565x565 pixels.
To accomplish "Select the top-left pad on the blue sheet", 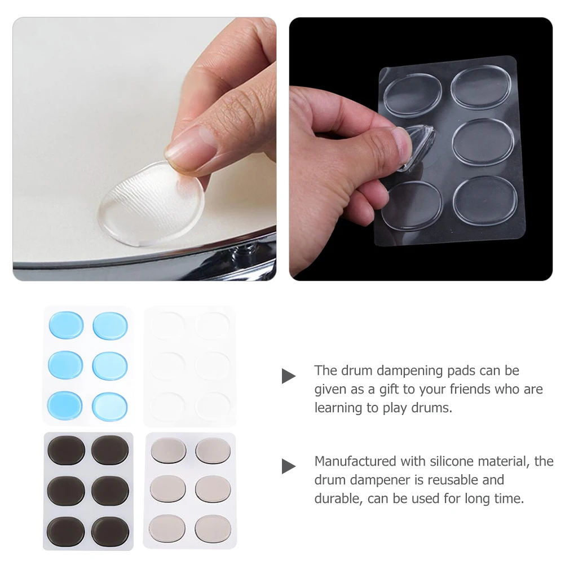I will point(67,325).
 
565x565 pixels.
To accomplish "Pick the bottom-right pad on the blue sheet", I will point(111,407).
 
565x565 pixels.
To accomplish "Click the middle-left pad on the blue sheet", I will point(66,365).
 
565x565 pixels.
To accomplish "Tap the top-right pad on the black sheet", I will point(111,450).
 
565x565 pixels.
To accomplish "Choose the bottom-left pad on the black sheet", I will point(66,531).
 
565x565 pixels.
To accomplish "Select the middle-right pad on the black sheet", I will point(111,490).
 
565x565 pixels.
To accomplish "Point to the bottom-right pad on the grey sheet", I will point(213,529).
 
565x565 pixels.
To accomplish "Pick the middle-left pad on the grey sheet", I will point(168,489).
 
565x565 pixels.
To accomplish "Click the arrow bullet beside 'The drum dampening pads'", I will point(289,376).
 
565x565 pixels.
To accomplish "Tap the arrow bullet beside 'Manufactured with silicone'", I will point(289,466).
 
